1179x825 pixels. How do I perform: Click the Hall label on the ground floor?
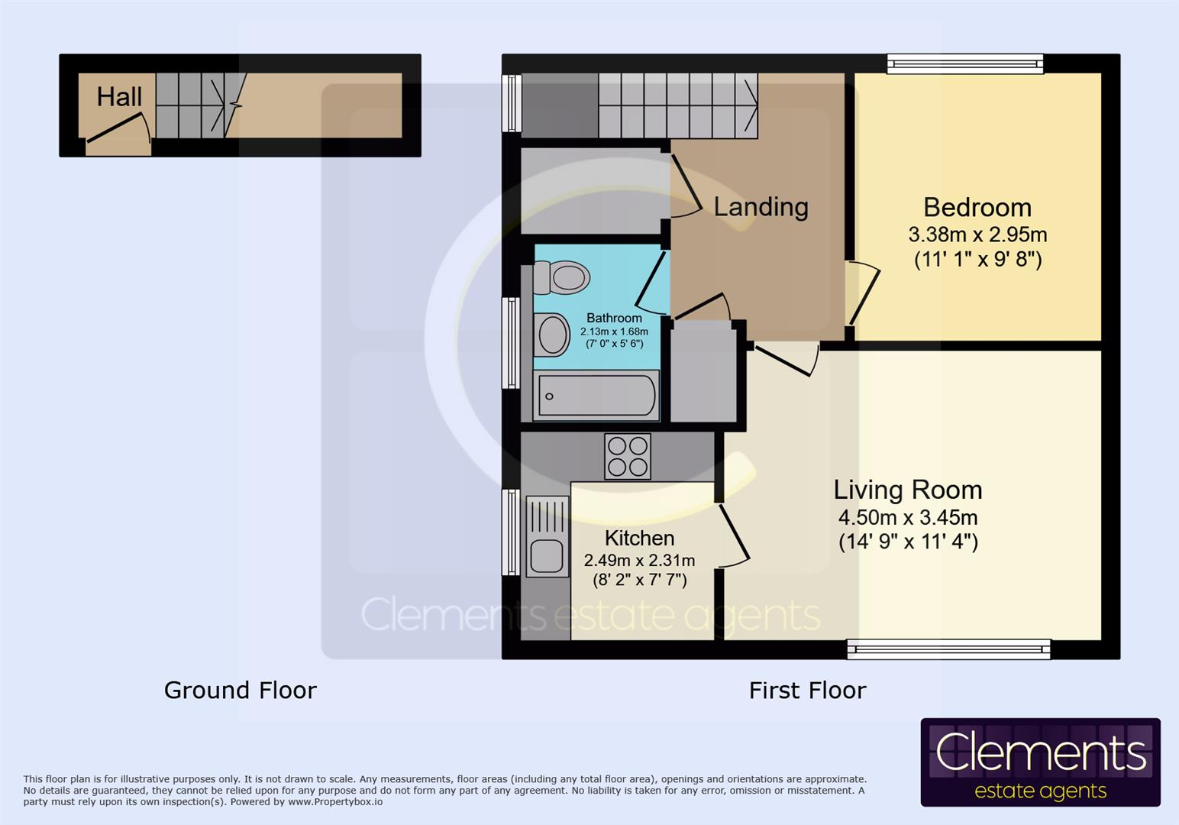click(119, 97)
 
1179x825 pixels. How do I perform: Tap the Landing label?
click(761, 207)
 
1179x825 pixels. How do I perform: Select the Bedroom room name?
click(977, 208)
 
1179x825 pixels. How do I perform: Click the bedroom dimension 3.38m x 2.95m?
click(977, 235)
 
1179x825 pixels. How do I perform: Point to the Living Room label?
click(907, 490)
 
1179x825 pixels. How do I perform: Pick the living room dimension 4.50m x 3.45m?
click(907, 517)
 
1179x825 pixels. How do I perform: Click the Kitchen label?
click(639, 538)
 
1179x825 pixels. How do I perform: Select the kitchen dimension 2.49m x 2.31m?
click(639, 561)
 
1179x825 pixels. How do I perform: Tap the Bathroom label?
click(614, 318)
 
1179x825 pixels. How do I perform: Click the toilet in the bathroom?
click(563, 277)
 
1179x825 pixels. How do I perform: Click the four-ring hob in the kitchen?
click(628, 456)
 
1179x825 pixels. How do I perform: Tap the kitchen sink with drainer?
click(547, 535)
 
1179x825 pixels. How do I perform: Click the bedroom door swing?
click(863, 294)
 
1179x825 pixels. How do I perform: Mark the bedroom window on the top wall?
click(965, 63)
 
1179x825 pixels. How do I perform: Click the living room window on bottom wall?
click(948, 649)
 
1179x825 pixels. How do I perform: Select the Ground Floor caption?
click(240, 691)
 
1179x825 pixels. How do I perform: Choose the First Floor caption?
click(807, 691)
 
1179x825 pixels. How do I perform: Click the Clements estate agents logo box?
click(1040, 762)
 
